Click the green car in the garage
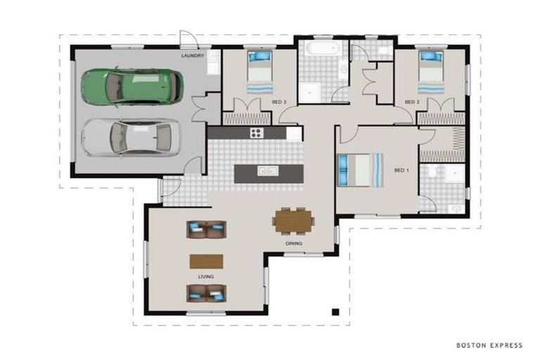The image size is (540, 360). [x=132, y=86]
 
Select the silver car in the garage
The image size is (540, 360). [x=132, y=138]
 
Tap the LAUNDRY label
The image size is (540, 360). [x=193, y=56]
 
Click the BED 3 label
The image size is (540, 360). [x=279, y=102]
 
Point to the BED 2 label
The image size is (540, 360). [x=412, y=102]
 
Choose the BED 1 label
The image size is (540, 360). [x=401, y=170]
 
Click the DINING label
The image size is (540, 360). [x=294, y=243]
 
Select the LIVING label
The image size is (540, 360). [x=206, y=276]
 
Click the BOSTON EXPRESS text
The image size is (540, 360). [x=489, y=345]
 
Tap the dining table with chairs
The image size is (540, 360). [x=294, y=221]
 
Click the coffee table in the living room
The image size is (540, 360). [x=206, y=262]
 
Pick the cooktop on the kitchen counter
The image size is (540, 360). [x=257, y=133]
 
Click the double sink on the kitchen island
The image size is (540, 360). [x=268, y=171]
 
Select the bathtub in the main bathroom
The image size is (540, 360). [x=323, y=48]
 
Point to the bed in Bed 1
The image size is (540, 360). [x=360, y=170]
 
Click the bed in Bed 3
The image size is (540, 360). [x=260, y=72]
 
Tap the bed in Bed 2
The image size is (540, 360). [x=431, y=72]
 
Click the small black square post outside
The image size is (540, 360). [x=335, y=312]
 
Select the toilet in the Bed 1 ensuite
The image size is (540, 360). [x=432, y=169]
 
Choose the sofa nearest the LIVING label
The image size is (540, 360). [x=206, y=293]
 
